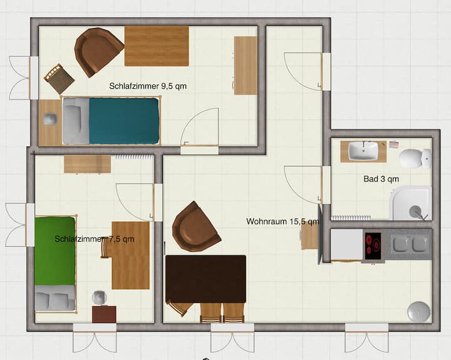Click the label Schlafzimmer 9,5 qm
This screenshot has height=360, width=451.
[148, 86]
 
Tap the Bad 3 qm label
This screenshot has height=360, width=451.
[381, 179]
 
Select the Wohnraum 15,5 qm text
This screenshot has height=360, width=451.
[283, 222]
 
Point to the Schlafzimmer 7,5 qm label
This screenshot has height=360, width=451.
[95, 239]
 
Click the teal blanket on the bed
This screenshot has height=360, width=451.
[124, 121]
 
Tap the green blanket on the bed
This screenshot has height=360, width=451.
[55, 250]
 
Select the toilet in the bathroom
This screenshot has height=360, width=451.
[415, 158]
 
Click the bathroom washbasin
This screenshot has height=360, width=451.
[363, 151]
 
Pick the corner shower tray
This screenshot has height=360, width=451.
[410, 203]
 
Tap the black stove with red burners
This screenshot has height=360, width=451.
[373, 246]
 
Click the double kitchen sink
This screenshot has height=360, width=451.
[408, 244]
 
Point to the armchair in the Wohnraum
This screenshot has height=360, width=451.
[195, 227]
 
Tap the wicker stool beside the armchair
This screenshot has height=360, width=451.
[60, 79]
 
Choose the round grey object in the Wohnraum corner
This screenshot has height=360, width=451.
[419, 312]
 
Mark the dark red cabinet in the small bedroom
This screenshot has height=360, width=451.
[104, 314]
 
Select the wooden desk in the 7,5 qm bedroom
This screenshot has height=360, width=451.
[130, 255]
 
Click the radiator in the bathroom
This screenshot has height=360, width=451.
[351, 218]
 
